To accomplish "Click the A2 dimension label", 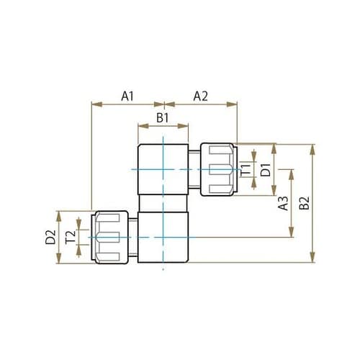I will tap(200, 95).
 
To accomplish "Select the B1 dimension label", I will tap(163, 116).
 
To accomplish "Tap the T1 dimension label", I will tap(246, 170).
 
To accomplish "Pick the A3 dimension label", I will tap(283, 203).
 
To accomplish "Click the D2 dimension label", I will tap(50, 237).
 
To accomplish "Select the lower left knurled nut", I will tap(111, 237).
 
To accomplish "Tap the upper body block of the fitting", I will tap(163, 170).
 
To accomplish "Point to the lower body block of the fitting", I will tap(163, 238).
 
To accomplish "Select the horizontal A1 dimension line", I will tap(127, 104).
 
